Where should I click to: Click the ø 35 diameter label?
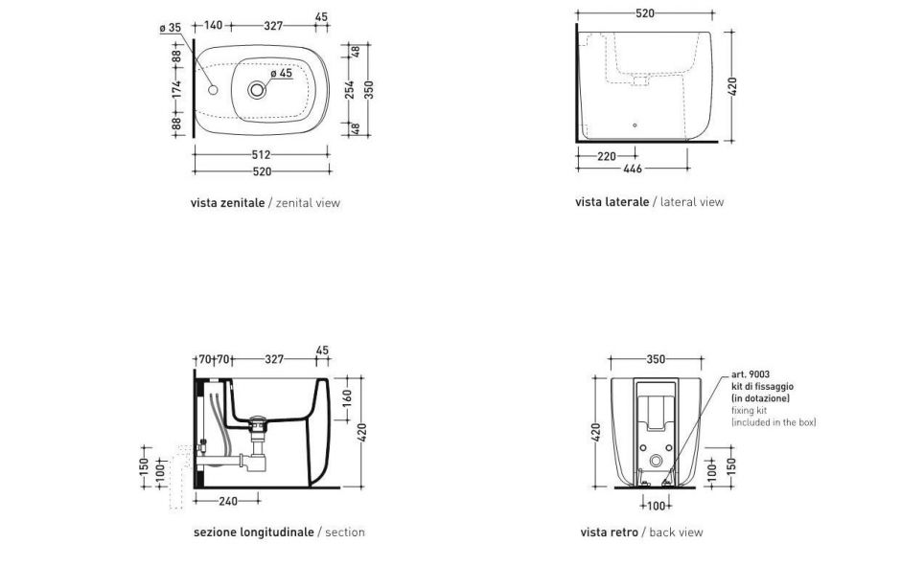coord(170,27)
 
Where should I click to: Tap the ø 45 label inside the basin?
coord(282,74)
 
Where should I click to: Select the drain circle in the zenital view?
coord(257,90)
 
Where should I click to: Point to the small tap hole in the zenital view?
coord(213,90)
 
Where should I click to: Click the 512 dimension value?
coord(261,154)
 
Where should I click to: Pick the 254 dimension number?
coord(349,90)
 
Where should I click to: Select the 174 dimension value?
coord(176,89)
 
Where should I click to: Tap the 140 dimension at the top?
coord(213,25)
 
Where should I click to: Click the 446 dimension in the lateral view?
coord(632,169)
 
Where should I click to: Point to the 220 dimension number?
coord(606,155)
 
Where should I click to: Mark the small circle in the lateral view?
coord(635,125)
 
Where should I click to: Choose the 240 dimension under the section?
coord(228,501)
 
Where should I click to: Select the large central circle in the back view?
coord(657,461)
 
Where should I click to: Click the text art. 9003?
coord(751,374)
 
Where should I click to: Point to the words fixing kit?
coord(749,411)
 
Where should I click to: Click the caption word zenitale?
coord(243,203)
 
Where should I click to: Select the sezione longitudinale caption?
coord(253,532)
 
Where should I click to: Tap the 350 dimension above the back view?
coord(656,359)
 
